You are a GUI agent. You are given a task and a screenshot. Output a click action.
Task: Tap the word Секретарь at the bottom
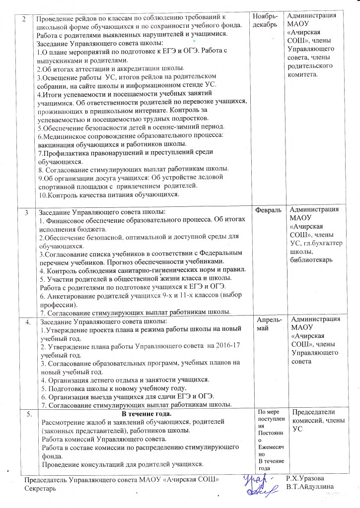tap(41, 489)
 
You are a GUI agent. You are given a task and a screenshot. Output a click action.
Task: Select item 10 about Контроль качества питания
tap(108, 194)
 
